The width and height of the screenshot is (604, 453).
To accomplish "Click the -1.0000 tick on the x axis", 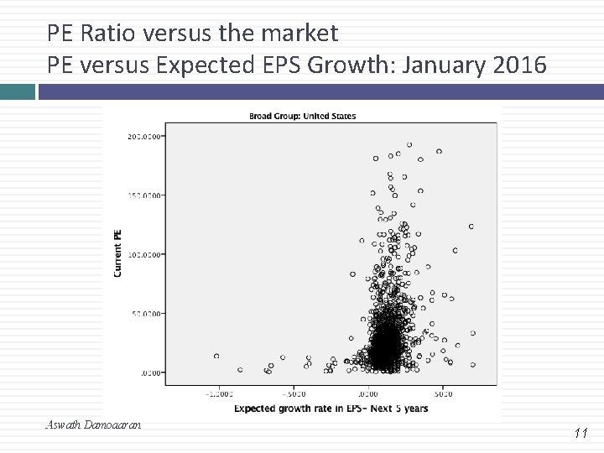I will click(x=219, y=393).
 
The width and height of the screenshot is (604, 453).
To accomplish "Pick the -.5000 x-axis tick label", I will click(x=293, y=393).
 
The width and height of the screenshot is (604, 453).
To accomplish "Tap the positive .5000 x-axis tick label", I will click(x=442, y=393).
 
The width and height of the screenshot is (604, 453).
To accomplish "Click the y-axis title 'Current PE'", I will click(x=117, y=253).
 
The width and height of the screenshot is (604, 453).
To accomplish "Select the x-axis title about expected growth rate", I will click(x=331, y=409).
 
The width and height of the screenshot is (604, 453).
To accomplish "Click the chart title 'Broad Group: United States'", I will click(x=302, y=116).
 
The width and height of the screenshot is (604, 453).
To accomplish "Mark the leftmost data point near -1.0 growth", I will click(x=216, y=356).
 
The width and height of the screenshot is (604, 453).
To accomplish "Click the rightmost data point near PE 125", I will click(x=471, y=226).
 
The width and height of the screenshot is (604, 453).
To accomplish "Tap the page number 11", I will click(x=581, y=433).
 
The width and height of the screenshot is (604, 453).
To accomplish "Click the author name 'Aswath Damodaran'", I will click(x=93, y=425).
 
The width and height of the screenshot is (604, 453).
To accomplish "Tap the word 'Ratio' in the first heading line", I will click(x=109, y=34).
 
